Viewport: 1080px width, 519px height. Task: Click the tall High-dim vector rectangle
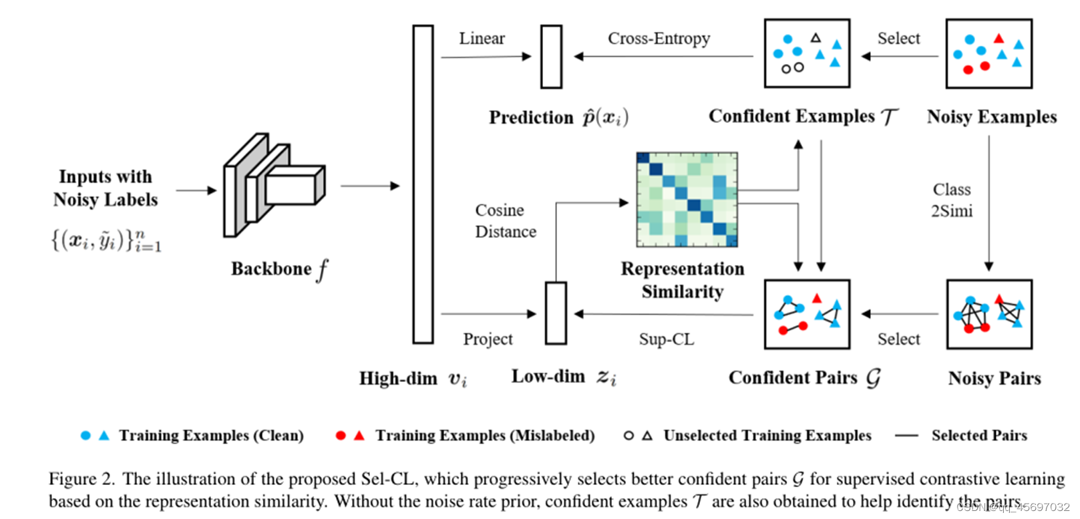coord(423,184)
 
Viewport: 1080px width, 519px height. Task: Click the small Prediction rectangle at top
coord(551,57)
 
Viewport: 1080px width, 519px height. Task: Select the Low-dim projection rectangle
coord(556,313)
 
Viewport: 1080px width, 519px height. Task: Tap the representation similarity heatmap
coord(687,200)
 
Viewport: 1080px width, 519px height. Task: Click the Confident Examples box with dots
coord(807,53)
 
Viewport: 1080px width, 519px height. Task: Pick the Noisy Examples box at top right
coord(988,53)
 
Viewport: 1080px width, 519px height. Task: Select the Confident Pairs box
coord(807,315)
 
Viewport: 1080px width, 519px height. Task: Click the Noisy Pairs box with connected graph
coord(989,315)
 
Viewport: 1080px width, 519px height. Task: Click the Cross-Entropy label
coord(659,39)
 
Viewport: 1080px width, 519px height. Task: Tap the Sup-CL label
coord(666,339)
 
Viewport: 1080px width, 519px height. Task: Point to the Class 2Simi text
coord(952,200)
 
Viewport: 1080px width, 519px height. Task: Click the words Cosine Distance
coord(505,221)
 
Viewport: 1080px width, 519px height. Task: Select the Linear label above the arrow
coord(482,39)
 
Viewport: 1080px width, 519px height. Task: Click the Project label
coord(488,339)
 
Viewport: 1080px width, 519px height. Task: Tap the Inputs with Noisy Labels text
coord(106,188)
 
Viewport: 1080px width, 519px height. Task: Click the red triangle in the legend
coord(359,436)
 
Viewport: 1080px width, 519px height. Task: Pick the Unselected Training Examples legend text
coord(767,436)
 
